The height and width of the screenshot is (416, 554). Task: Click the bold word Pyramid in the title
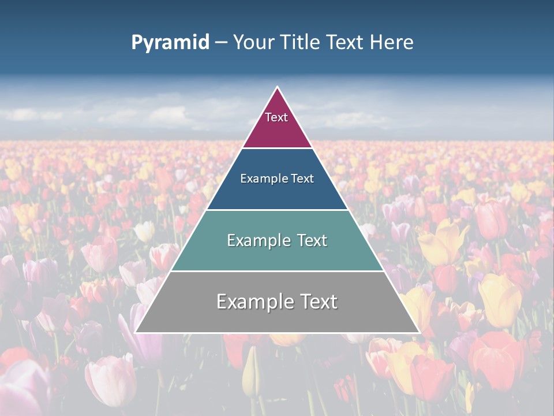pos(170,43)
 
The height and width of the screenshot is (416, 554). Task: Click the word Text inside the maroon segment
pos(276,117)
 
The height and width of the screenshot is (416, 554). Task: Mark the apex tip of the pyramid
pos(278,87)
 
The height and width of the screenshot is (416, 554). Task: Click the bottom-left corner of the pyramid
pos(136,332)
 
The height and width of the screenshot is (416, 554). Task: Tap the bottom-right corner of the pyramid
pos(418,332)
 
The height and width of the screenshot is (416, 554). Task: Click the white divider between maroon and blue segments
pos(277,148)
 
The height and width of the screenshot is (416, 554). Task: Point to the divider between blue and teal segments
pos(277,210)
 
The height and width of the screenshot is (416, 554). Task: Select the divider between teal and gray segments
pos(277,271)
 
